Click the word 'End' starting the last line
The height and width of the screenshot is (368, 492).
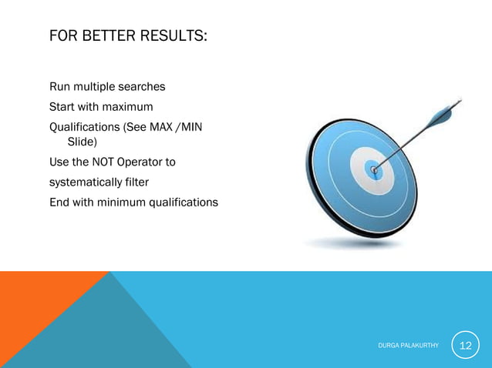pyautogui.click(x=59, y=202)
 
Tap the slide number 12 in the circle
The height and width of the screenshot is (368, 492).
pyautogui.click(x=466, y=346)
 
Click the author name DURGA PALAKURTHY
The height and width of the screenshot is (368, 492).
pyautogui.click(x=408, y=346)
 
